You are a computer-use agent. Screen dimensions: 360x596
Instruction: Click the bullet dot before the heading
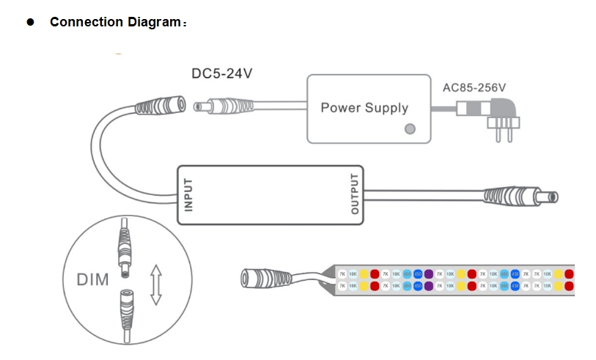[31, 22]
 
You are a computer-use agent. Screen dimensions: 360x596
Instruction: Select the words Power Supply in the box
[364, 109]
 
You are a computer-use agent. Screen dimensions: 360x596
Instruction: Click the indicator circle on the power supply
[410, 129]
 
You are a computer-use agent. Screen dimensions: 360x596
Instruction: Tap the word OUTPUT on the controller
[356, 194]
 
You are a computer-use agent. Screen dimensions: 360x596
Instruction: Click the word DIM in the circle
[92, 279]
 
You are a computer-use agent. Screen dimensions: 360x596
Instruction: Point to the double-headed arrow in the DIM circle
[155, 284]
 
